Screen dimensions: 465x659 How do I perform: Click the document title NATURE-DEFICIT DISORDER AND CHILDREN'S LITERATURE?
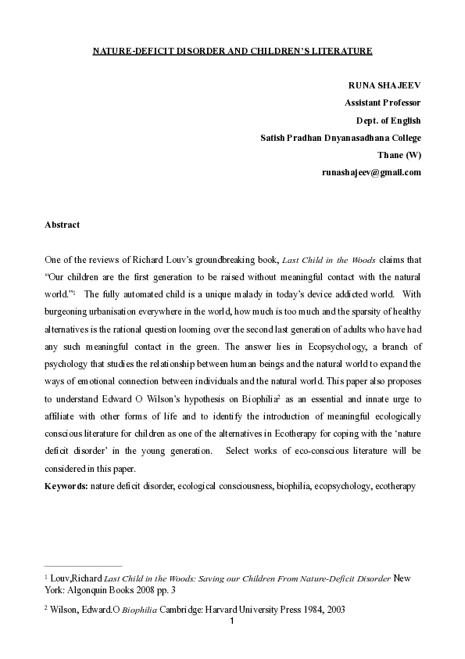click(232, 51)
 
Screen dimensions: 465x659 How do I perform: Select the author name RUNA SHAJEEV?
click(385, 85)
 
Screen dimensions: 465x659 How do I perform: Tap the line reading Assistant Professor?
click(383, 103)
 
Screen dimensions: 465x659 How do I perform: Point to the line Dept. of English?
click(388, 120)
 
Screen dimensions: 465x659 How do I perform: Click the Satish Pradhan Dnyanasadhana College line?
click(341, 137)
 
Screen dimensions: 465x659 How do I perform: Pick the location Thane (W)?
click(399, 154)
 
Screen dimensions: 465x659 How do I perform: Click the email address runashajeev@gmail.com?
click(371, 171)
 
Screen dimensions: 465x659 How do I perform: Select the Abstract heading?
click(63, 225)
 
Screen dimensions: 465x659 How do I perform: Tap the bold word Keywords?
click(66, 486)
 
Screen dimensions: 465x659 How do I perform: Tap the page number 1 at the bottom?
click(233, 621)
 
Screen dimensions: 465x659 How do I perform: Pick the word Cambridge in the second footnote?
click(175, 610)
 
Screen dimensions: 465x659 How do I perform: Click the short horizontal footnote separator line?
click(83, 564)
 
